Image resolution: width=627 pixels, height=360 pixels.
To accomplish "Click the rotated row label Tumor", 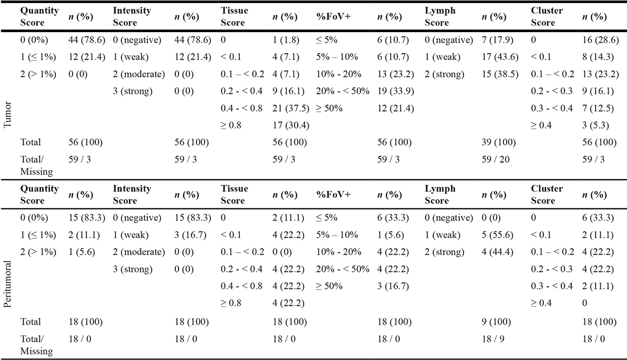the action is coord(7,115).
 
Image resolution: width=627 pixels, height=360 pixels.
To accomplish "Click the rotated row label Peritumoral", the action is coord(7,284).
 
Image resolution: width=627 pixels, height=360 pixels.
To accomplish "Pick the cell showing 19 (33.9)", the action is coord(396,91).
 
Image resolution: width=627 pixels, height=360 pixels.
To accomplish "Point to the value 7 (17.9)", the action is coord(498,40).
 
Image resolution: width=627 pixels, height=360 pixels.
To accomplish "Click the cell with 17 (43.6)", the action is coord(500,57).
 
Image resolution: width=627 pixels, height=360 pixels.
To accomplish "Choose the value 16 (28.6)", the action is coord(600,40).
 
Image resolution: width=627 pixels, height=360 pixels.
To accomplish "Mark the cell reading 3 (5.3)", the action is coord(595,125).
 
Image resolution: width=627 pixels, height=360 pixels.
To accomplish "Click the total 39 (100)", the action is coord(499,143).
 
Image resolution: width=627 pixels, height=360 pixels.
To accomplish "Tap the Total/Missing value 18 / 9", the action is coord(493,339).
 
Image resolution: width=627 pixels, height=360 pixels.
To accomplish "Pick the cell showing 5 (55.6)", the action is coord(498,235).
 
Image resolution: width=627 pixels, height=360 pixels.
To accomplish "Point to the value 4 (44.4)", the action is coord(498,252).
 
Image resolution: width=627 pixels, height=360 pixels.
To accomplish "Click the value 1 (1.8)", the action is coord(286,40).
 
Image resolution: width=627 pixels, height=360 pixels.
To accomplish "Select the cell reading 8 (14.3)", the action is coord(598,57).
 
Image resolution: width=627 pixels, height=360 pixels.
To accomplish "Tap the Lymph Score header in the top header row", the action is coord(440,16).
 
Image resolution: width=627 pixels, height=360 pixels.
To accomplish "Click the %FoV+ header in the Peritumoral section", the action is coord(333,194).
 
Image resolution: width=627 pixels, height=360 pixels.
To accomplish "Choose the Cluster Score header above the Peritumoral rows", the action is coord(547,194).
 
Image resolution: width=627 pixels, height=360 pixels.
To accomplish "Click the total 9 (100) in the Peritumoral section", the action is coord(496,322).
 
